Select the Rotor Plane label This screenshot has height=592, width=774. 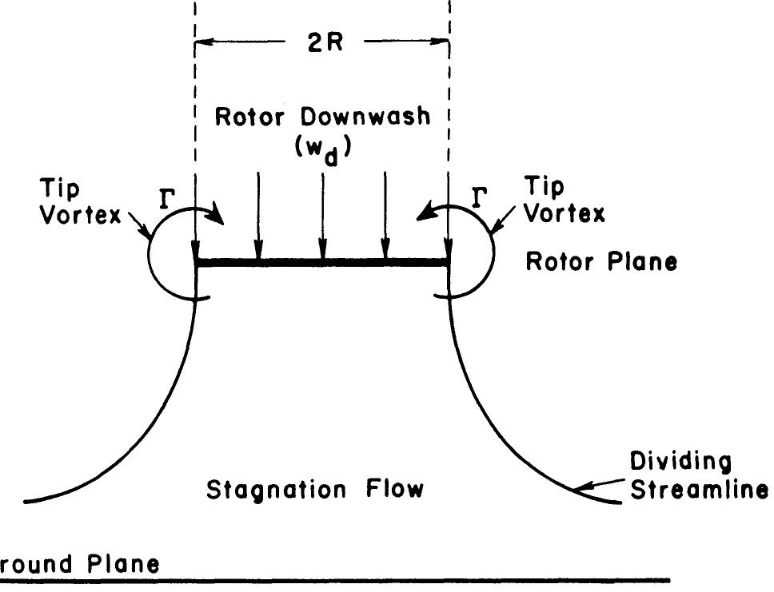(x=600, y=261)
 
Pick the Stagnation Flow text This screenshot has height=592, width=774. (x=315, y=488)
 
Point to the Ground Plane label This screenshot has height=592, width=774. (x=79, y=564)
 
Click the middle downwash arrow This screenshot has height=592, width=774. (x=322, y=216)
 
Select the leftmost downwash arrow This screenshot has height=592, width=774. (x=257, y=216)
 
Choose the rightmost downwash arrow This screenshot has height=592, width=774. (x=386, y=216)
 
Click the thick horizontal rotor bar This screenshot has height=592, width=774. (x=322, y=262)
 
